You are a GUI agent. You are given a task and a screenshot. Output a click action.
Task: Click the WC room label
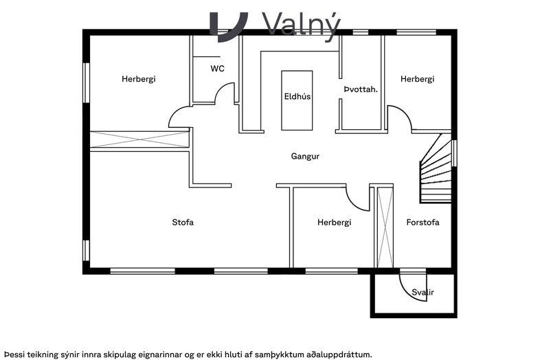point(217,69)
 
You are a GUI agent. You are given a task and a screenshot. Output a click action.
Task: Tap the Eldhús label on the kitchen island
point(297,97)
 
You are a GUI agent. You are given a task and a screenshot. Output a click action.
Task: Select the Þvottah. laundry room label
point(361,89)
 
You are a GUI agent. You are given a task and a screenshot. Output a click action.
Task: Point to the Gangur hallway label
point(305,156)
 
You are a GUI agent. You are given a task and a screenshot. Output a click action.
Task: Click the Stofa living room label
point(183,222)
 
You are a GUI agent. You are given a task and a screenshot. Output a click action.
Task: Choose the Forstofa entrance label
point(423,222)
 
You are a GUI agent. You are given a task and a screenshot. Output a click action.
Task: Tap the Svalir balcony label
point(423,293)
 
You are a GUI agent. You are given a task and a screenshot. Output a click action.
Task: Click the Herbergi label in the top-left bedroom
point(139,79)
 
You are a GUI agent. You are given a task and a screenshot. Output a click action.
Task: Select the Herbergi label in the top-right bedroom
point(418,79)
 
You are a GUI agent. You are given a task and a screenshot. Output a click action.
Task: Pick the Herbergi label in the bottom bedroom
point(335,223)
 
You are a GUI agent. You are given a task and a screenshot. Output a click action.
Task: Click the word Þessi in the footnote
point(15,355)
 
